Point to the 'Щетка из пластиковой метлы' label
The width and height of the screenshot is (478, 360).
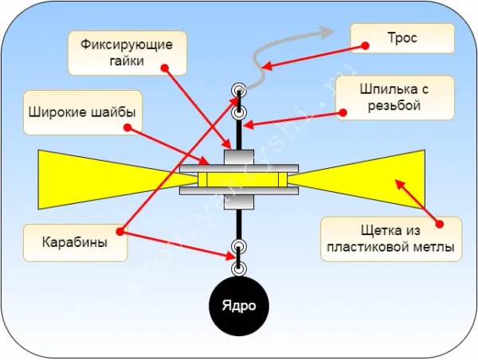point(391,238)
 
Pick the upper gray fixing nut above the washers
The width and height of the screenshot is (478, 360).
point(239,157)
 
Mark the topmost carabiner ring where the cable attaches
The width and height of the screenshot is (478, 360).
point(238,89)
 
